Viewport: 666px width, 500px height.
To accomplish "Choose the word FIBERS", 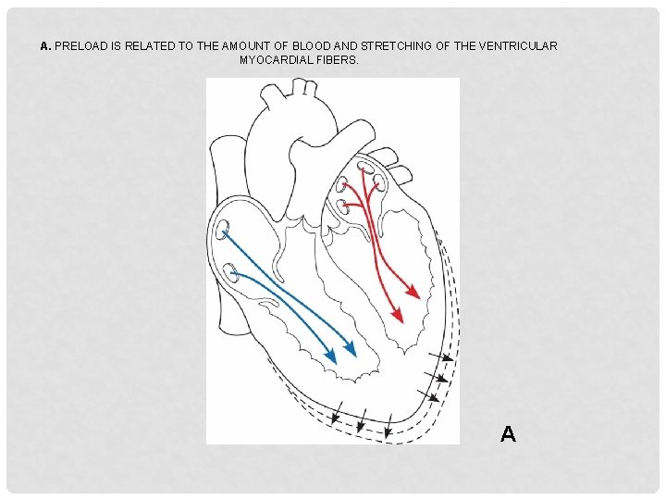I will (337, 59).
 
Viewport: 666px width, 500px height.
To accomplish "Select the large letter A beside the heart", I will (508, 432).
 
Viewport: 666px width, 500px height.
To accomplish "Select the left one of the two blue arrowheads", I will (331, 355).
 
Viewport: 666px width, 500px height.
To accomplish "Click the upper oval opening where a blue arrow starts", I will (224, 228).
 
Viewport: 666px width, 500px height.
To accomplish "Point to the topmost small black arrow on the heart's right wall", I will (447, 357).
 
